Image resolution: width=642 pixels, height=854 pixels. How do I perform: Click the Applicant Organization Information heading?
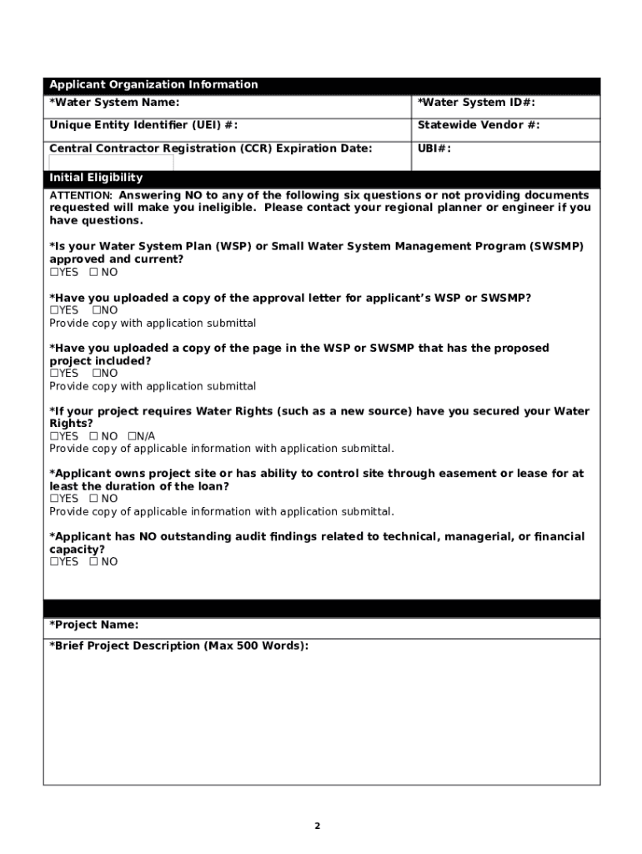(153, 84)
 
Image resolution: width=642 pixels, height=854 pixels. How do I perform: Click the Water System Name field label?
(114, 103)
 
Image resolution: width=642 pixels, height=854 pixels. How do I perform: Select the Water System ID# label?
(476, 103)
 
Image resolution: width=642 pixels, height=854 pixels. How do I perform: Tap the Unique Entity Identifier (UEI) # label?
(143, 125)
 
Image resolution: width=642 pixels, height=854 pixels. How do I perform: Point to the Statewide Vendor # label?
(479, 125)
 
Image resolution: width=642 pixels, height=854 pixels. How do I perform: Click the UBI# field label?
(434, 148)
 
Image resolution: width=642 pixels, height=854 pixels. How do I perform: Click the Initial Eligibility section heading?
(96, 178)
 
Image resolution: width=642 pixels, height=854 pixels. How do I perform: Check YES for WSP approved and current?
(54, 273)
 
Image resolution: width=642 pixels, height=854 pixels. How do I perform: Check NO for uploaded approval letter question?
(97, 310)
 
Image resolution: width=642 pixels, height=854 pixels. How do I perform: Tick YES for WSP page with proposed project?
(54, 374)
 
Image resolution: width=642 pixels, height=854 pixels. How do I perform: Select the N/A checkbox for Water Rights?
(132, 436)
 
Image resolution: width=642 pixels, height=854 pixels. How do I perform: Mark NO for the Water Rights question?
(93, 436)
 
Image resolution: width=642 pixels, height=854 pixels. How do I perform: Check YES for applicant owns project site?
(54, 499)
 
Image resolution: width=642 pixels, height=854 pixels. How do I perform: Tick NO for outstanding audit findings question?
(93, 562)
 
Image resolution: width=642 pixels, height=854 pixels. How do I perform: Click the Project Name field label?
(94, 625)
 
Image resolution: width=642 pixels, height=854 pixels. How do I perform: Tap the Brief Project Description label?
(178, 646)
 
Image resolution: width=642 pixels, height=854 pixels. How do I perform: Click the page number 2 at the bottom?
(317, 826)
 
